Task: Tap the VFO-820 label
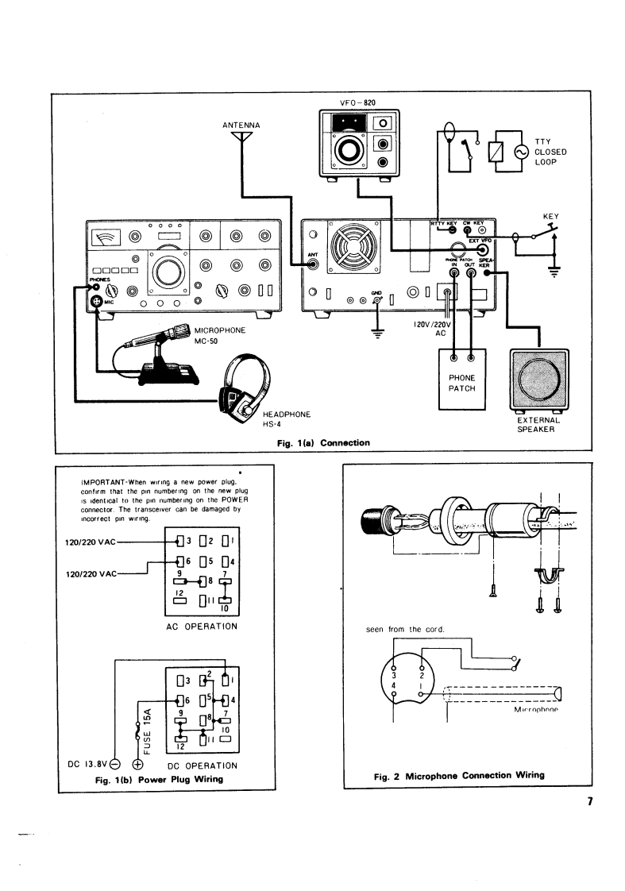[356, 103]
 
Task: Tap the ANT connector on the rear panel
[314, 267]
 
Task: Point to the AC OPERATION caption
[203, 626]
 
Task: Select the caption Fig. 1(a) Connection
[318, 442]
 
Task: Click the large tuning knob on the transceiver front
[170, 272]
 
